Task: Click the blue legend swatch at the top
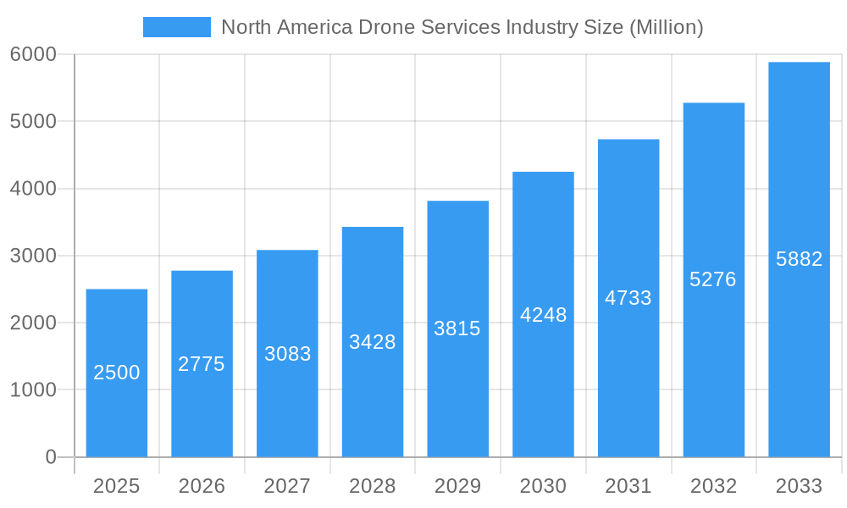(176, 27)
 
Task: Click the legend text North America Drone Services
(462, 27)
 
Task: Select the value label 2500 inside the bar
(117, 373)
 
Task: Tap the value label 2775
(202, 364)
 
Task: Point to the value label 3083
(287, 354)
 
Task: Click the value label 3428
(373, 342)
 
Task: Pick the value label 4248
(543, 315)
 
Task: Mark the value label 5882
(799, 259)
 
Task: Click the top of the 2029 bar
(457, 202)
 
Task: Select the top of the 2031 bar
(628, 140)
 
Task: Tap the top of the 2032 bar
(713, 103)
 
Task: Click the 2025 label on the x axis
(117, 486)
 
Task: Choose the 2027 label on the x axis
(287, 486)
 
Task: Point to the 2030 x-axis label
(543, 486)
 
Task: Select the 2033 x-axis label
(799, 486)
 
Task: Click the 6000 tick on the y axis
(33, 54)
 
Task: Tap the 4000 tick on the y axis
(33, 189)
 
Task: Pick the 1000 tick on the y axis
(33, 390)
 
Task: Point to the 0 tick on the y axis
(50, 457)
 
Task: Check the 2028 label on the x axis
(373, 486)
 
